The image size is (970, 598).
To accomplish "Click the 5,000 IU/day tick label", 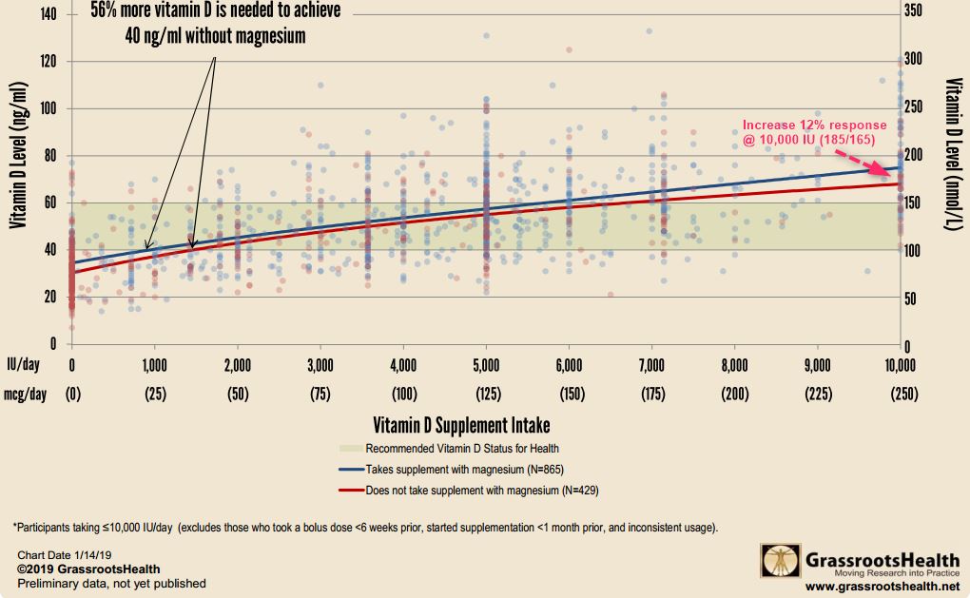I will click(486, 364).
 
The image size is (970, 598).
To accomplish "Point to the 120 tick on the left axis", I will click(48, 62).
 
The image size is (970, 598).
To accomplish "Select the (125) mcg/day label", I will click(486, 392).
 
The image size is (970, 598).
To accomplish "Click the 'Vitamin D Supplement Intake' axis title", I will click(461, 425).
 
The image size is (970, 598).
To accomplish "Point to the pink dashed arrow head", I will click(896, 168).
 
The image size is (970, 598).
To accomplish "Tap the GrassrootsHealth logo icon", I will click(778, 561).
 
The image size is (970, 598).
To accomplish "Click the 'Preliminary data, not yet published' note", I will click(111, 583).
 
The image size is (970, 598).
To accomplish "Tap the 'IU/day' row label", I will click(23, 364).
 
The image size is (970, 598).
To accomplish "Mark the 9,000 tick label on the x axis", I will click(817, 364).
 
